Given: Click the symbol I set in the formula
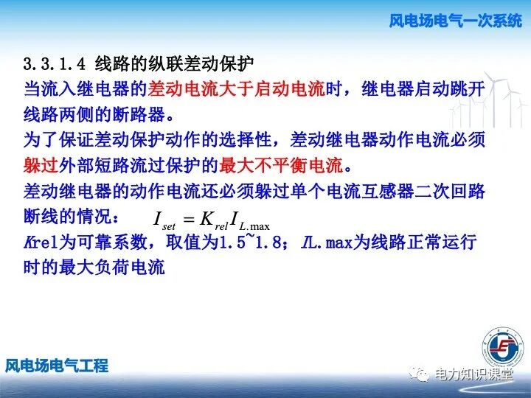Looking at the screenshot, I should tap(160, 219).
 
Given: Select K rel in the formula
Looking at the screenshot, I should tap(214, 219).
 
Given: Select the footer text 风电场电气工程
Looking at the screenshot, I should tap(57, 365).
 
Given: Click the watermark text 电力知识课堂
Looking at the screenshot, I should tap(473, 374).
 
